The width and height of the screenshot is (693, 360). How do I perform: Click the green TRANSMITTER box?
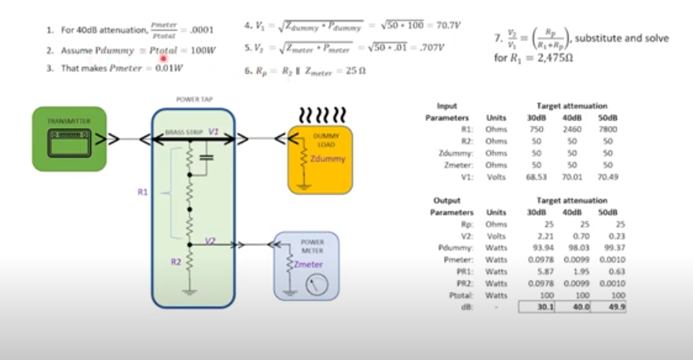click(69, 138)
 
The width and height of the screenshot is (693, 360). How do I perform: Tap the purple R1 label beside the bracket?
click(142, 191)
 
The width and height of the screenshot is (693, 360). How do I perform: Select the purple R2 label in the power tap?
click(175, 264)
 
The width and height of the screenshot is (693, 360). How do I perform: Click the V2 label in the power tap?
click(210, 241)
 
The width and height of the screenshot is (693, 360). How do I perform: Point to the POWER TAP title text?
click(193, 101)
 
